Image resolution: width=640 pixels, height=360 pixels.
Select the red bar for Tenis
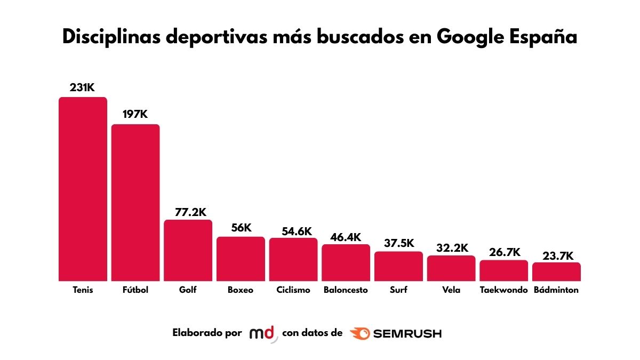[83, 189]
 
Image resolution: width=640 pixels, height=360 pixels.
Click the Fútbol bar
[135, 203]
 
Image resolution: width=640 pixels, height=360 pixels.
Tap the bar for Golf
[188, 250]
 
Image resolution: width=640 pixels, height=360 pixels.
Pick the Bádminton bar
[556, 271]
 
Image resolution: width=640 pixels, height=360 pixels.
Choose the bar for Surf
[398, 266]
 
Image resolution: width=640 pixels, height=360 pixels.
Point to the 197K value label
[135, 115]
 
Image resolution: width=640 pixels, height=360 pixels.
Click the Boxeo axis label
[241, 290]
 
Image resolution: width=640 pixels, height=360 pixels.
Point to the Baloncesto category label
[346, 290]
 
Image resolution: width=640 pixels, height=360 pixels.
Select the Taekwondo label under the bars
[503, 290]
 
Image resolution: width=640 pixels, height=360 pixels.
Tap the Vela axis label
[451, 290]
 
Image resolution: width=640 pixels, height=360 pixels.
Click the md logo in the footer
[263, 334]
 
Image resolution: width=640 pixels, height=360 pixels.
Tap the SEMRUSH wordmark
[407, 334]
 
